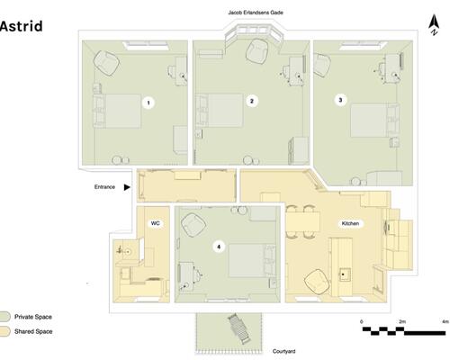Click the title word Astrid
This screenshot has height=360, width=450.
[x=21, y=26]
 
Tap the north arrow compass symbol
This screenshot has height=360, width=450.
[x=434, y=25]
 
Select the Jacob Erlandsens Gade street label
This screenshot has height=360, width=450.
[x=256, y=13]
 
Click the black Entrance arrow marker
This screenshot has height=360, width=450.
[x=127, y=187]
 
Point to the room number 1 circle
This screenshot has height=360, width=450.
[x=148, y=103]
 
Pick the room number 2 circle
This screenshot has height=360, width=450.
[x=252, y=101]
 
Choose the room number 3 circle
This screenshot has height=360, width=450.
[x=340, y=100]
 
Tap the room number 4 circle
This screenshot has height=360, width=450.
[x=219, y=247]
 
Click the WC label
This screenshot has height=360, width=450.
[x=156, y=223]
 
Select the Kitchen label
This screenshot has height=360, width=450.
[x=350, y=223]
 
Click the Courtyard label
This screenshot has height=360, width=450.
[x=283, y=351]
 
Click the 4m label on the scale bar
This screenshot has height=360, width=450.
[x=445, y=321]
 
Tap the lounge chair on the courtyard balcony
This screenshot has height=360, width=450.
[x=239, y=329]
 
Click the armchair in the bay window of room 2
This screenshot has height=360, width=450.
[x=257, y=51]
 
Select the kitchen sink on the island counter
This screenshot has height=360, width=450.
[x=345, y=274]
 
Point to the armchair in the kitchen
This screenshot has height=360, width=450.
[x=315, y=282]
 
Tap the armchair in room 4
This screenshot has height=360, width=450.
[x=193, y=225]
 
